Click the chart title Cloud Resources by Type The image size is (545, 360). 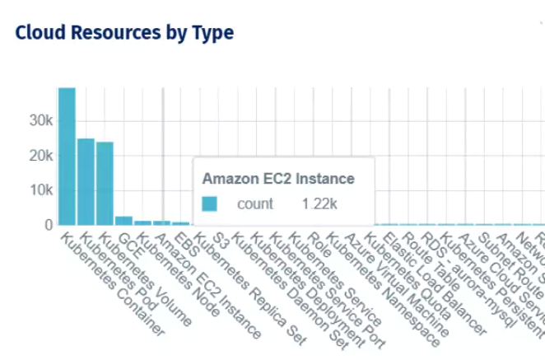click(x=124, y=33)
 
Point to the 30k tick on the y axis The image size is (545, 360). click(x=41, y=120)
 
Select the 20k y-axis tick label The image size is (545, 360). click(x=41, y=156)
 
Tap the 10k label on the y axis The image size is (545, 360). click(x=41, y=190)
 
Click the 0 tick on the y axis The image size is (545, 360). click(x=49, y=224)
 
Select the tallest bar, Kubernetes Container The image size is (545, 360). click(x=67, y=157)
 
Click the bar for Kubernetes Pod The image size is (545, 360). click(x=86, y=181)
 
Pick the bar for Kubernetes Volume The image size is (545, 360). click(x=105, y=183)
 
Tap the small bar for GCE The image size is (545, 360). click(x=123, y=221)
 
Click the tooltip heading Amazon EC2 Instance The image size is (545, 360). click(x=278, y=178)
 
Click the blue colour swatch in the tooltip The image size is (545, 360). click(x=210, y=203)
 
